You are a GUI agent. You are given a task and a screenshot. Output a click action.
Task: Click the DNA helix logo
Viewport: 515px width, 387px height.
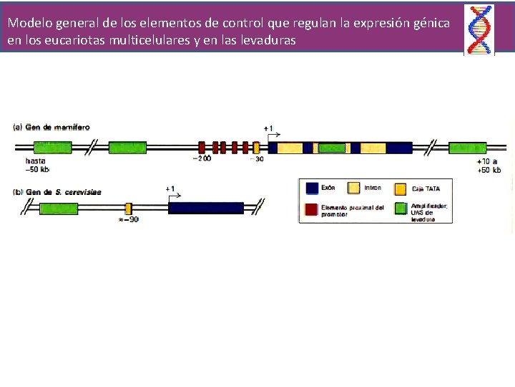point(479,29)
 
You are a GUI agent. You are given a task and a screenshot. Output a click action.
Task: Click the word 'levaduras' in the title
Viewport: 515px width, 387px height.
point(264,41)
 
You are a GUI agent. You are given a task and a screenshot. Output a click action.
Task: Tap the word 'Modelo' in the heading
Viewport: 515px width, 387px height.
point(29,23)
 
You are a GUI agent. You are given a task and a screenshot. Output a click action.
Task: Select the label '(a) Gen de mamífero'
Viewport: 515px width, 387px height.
point(51,127)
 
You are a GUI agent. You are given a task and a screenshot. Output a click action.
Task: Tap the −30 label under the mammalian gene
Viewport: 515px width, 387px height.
point(256,159)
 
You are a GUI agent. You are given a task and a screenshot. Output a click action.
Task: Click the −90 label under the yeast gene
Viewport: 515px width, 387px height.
point(129,220)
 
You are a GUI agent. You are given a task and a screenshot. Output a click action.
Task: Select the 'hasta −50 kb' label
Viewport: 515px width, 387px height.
point(37,166)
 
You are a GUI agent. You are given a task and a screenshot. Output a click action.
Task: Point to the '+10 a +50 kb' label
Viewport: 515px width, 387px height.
point(489,166)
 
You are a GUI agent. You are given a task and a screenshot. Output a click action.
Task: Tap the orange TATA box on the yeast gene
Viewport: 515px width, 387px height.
point(129,209)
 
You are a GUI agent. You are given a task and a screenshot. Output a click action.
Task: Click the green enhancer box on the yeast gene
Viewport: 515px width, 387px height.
point(59,209)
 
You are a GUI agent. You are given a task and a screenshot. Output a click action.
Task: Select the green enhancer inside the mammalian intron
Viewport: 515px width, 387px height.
point(331,148)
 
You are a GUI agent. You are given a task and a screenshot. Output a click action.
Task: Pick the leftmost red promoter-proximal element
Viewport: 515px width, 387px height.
point(202,147)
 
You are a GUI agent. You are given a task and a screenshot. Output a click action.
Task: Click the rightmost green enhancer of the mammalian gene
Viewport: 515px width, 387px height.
point(468,148)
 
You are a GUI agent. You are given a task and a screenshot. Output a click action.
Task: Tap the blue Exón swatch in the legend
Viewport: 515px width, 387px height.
point(312,188)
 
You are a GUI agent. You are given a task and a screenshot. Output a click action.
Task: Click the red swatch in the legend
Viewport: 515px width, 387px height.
point(312,209)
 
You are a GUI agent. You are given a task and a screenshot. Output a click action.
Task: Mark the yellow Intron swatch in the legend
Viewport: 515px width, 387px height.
point(353,188)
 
